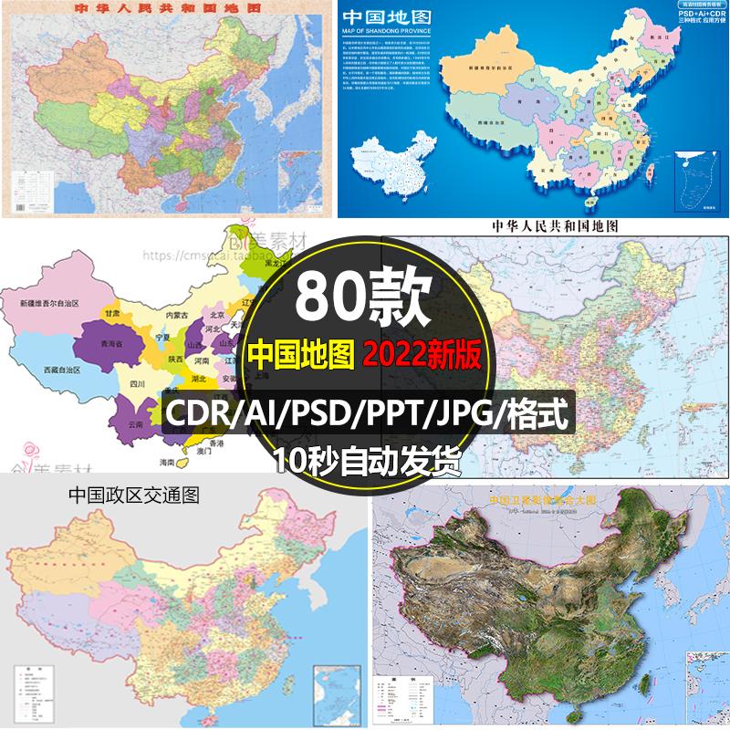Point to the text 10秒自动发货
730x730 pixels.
coord(365,460)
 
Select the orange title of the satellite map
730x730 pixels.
coord(547,501)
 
